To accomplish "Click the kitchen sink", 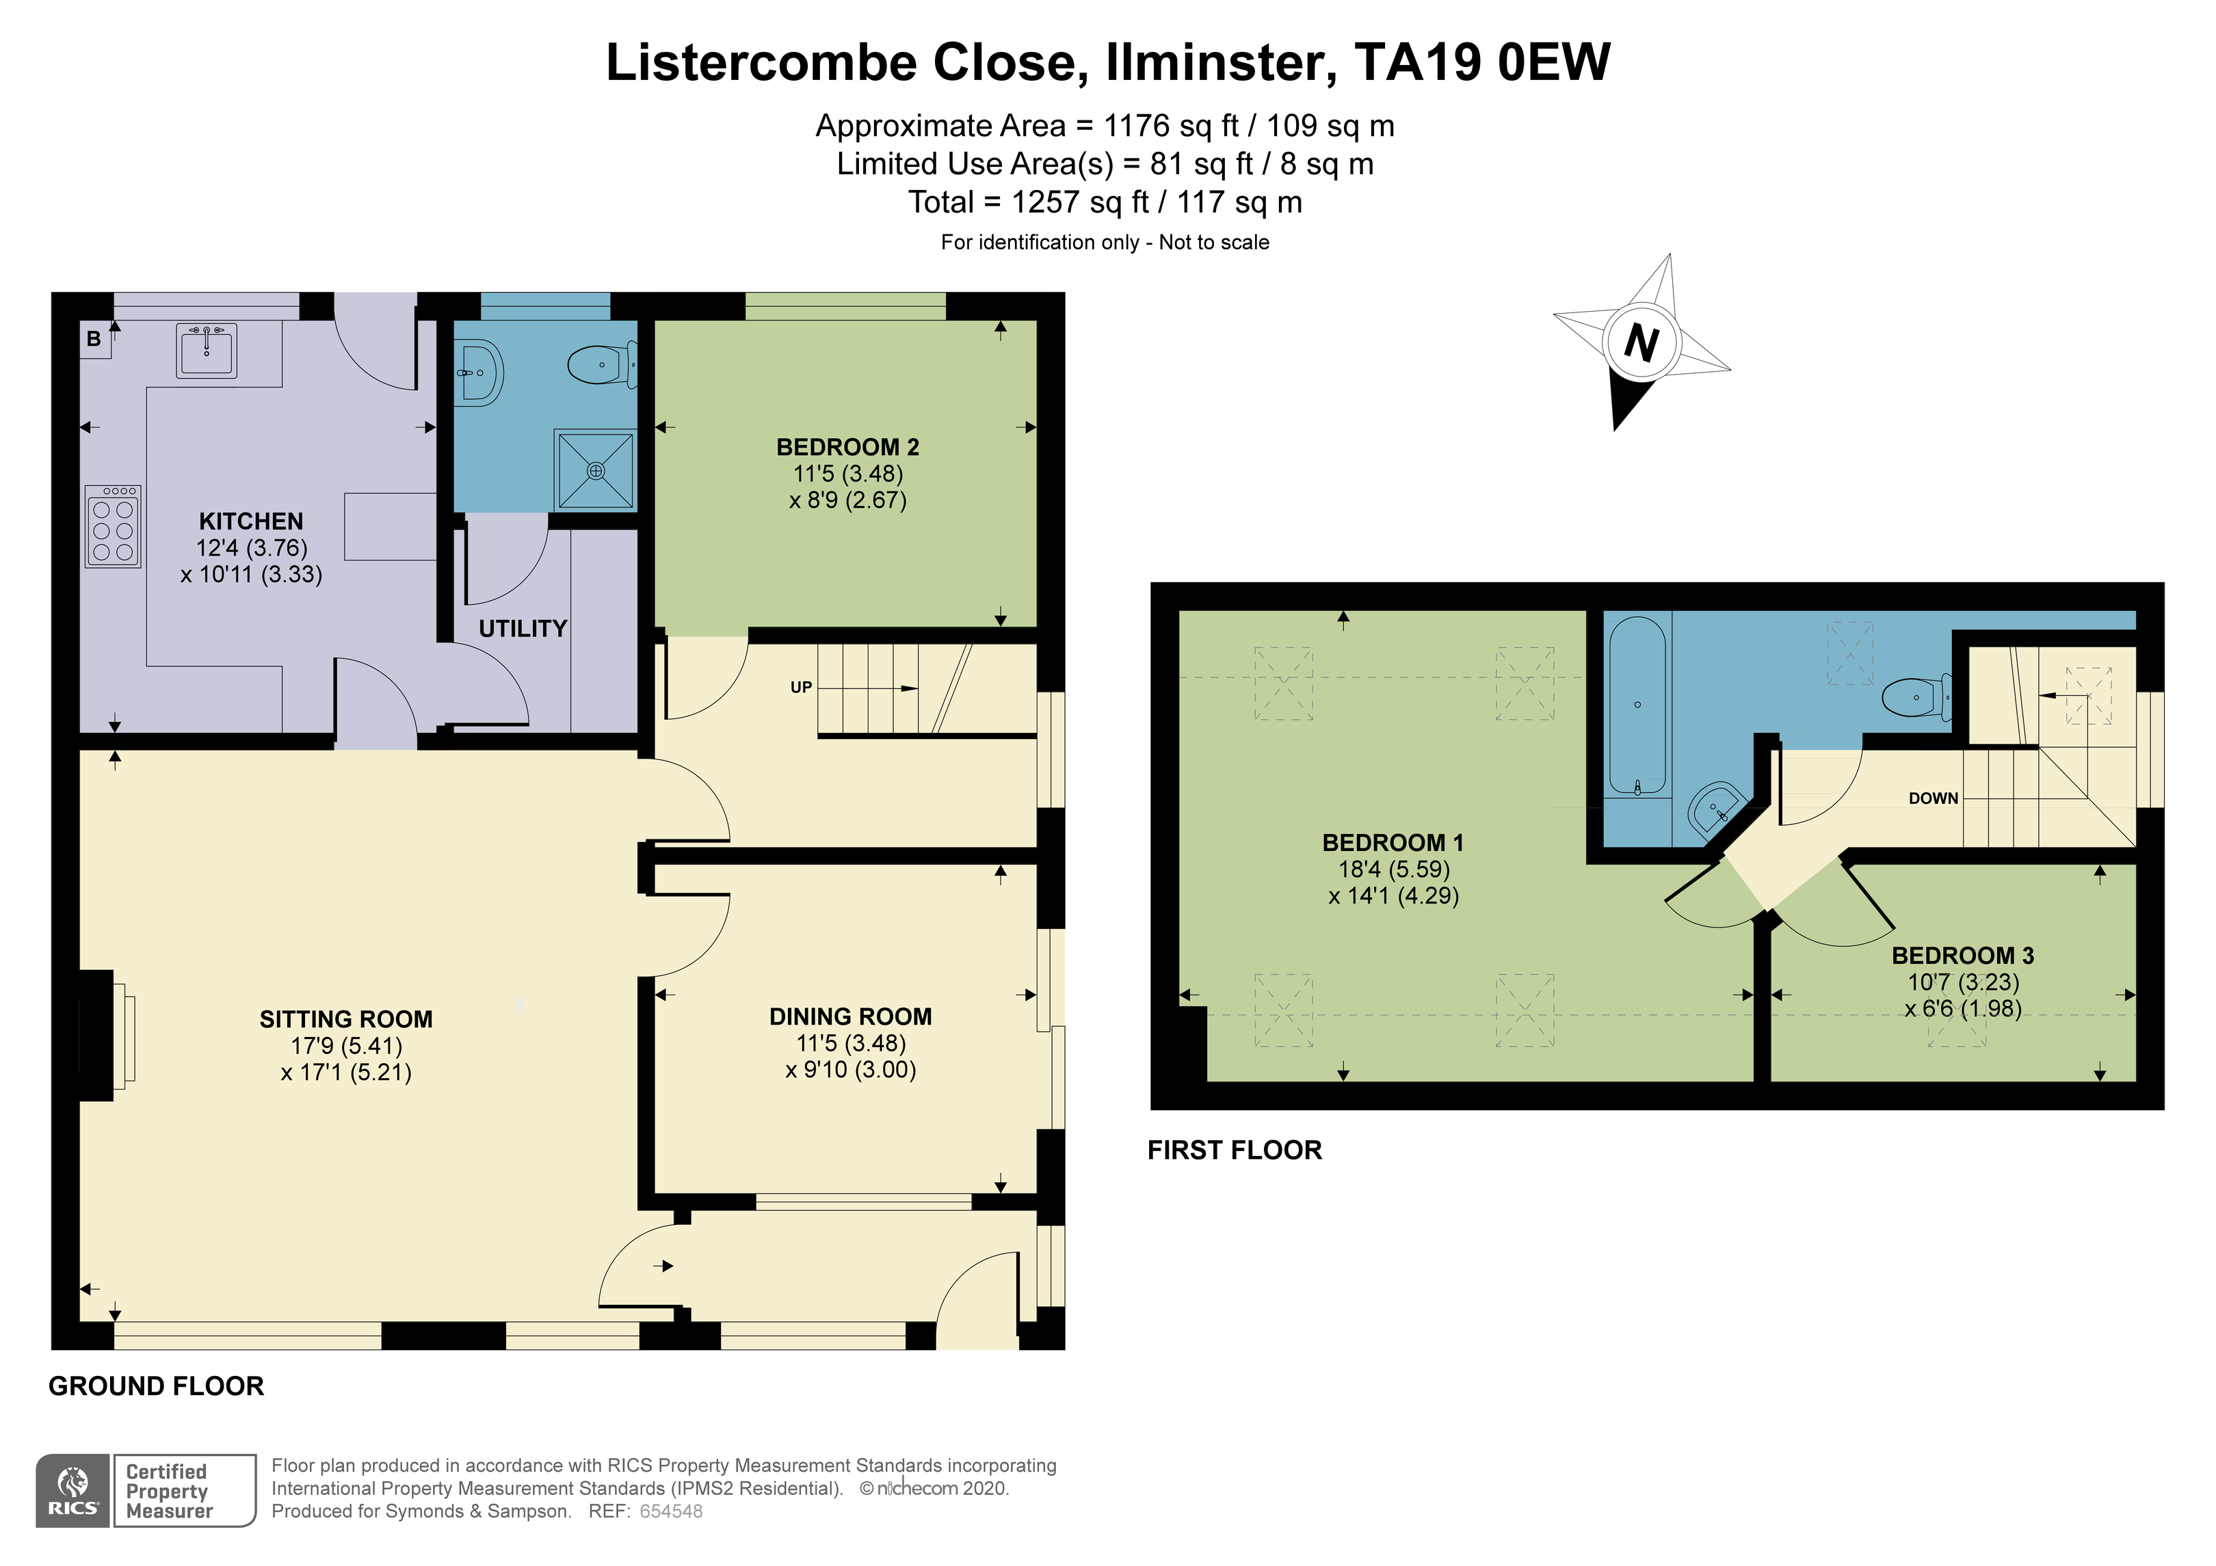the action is pyautogui.click(x=207, y=350).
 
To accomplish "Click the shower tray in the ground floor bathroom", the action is pyautogui.click(x=596, y=470).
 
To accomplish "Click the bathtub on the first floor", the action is pyautogui.click(x=1637, y=706).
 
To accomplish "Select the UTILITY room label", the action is pyautogui.click(x=523, y=629).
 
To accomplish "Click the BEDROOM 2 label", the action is pyautogui.click(x=847, y=448).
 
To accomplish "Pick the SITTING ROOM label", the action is pyautogui.click(x=345, y=1020).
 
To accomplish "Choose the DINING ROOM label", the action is pyautogui.click(x=850, y=1017).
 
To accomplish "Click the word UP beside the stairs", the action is pyautogui.click(x=801, y=688).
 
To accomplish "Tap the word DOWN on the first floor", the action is pyautogui.click(x=1934, y=799).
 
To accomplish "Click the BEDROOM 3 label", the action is pyautogui.click(x=1962, y=956).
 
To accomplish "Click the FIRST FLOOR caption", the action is pyautogui.click(x=1235, y=1150).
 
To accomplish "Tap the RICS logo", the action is pyautogui.click(x=73, y=1491).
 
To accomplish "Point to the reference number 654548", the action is pyautogui.click(x=671, y=1512).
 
